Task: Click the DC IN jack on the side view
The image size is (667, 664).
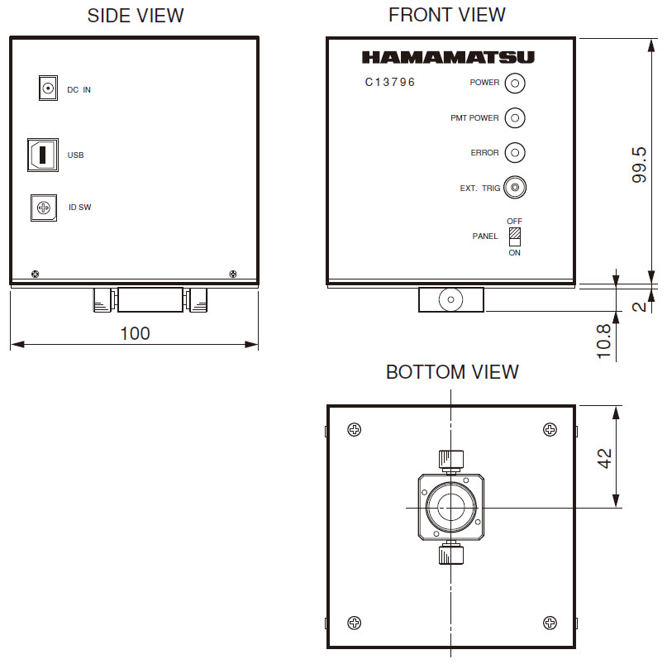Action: [49, 88]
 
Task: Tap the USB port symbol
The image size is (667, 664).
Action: [43, 154]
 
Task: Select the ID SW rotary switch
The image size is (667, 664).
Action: [44, 207]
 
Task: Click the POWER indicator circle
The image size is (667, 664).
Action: [515, 83]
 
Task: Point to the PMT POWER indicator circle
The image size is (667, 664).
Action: [515, 118]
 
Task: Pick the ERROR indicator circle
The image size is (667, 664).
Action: [515, 153]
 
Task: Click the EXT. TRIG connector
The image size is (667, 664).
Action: [515, 189]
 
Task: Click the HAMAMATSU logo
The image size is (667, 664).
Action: [448, 58]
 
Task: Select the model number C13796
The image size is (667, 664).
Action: [390, 83]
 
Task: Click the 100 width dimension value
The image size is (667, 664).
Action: [135, 333]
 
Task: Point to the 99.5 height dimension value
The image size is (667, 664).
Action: [639, 165]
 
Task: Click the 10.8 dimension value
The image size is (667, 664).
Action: [604, 341]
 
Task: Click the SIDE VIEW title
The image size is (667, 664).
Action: [136, 16]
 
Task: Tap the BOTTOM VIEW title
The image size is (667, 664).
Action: [452, 372]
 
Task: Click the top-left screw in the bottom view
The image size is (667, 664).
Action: [354, 429]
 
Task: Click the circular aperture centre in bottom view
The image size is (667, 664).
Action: [450, 507]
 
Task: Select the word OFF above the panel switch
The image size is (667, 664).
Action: [515, 222]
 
